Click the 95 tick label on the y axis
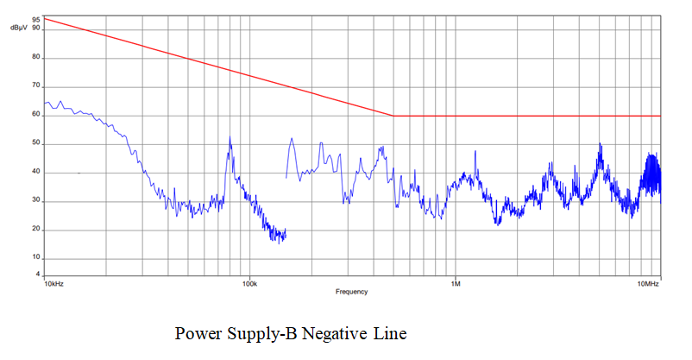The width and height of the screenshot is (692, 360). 35,18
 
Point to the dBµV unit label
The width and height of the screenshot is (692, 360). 20,28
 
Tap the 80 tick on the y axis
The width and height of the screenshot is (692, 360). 35,58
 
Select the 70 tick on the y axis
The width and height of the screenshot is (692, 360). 35,86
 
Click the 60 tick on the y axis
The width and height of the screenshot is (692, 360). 35,115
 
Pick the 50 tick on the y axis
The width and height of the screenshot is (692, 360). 35,144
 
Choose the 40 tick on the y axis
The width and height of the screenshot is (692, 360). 35,173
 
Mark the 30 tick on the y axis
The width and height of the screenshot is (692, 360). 35,201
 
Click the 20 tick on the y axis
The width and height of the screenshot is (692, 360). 35,230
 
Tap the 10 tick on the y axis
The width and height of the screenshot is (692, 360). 35,258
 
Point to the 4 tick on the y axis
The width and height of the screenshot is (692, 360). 37,275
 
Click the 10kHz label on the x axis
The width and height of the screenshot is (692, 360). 53,283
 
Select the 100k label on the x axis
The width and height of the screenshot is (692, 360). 249,283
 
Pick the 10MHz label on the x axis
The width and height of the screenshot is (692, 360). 649,283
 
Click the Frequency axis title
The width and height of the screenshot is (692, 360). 351,292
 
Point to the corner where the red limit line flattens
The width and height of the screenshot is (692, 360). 393,116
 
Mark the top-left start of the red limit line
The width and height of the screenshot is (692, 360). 44,18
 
